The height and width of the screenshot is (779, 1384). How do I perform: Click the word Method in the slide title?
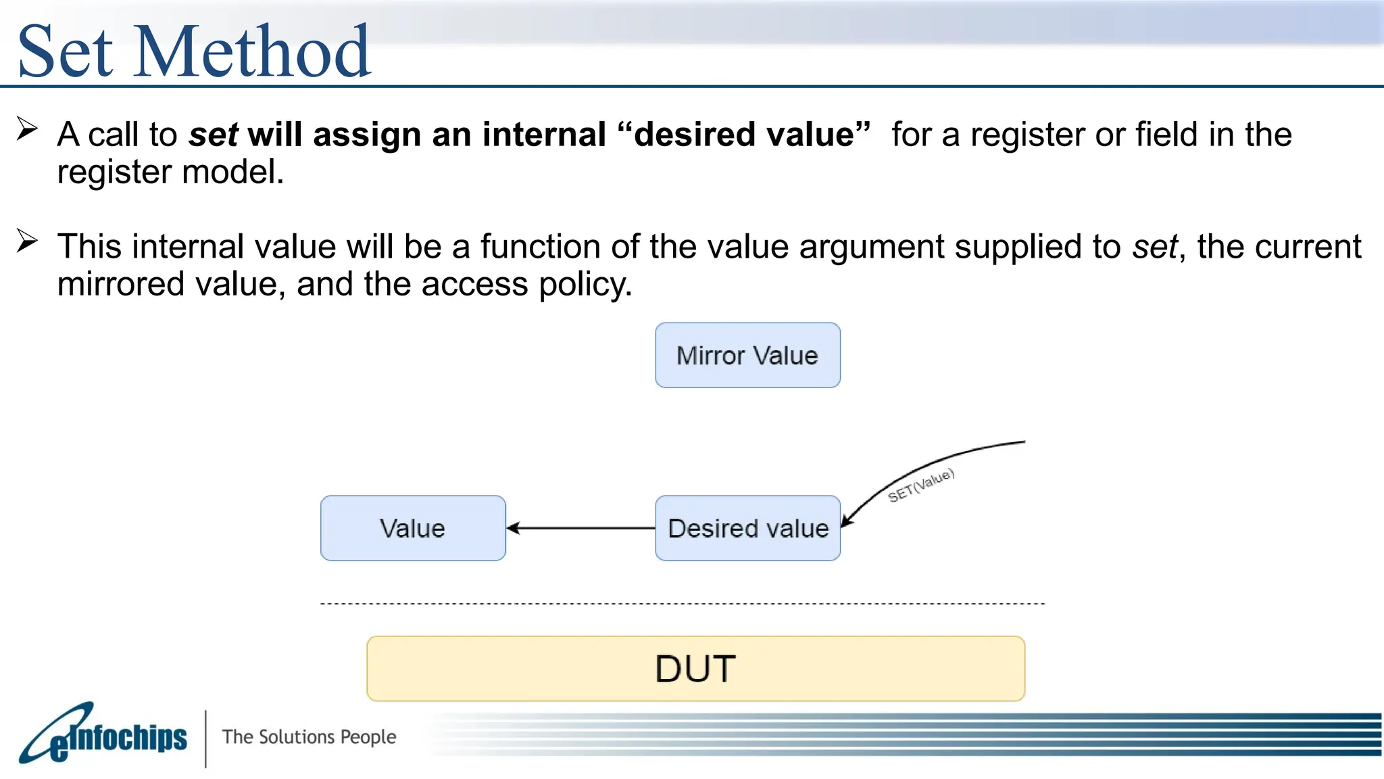(252, 51)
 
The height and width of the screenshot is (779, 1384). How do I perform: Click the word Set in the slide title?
(65, 51)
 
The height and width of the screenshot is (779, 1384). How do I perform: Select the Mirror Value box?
(747, 356)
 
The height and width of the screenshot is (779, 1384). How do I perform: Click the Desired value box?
(747, 528)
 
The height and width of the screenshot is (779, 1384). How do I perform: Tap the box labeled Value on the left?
(413, 528)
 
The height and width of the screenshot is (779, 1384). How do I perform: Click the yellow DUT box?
(695, 668)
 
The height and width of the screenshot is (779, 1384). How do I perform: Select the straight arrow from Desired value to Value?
(581, 528)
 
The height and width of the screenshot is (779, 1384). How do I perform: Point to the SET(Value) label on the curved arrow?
(920, 485)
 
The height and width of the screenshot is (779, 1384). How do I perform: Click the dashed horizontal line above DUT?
(683, 603)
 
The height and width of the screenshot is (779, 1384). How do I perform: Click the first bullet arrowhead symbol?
(27, 128)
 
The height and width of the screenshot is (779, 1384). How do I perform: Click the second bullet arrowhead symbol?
(27, 241)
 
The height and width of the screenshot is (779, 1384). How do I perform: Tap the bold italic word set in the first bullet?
(213, 135)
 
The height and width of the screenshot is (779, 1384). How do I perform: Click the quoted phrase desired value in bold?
(744, 135)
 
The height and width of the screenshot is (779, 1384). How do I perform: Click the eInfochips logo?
(103, 735)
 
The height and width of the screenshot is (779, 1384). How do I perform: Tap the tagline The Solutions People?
(309, 736)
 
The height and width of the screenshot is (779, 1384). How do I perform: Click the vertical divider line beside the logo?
(205, 738)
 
